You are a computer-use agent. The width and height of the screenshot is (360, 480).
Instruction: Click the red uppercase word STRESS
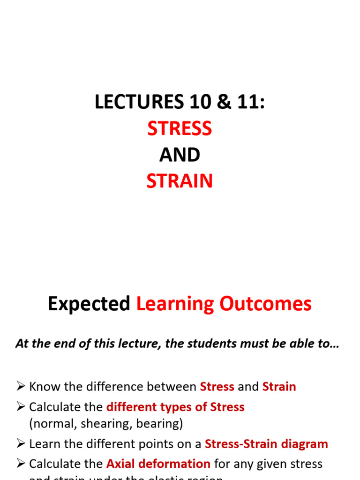click(x=180, y=128)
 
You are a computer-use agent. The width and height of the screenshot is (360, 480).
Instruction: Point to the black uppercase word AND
click(x=180, y=155)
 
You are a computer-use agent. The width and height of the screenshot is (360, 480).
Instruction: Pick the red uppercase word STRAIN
click(x=180, y=181)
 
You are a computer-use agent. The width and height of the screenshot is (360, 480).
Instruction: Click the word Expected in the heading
click(x=89, y=304)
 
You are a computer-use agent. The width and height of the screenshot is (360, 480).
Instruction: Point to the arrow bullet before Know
click(x=20, y=387)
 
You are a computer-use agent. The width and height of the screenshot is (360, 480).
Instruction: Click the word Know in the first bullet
click(x=43, y=387)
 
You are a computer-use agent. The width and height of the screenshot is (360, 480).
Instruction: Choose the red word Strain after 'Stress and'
click(x=279, y=387)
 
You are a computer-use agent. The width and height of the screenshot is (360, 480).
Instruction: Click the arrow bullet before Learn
click(x=20, y=444)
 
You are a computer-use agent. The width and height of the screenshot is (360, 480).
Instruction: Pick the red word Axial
click(x=120, y=464)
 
